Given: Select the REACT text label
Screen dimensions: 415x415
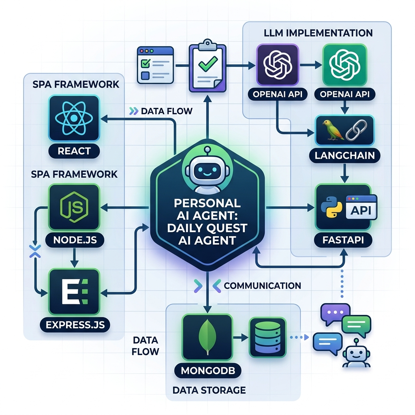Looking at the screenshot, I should [x=74, y=151].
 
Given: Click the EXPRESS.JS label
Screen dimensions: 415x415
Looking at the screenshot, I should [x=75, y=325].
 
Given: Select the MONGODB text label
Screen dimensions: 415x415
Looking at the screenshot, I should [x=207, y=370].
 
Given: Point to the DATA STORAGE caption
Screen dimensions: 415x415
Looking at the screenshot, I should [x=209, y=390].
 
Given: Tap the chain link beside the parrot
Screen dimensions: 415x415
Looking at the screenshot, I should [x=355, y=130].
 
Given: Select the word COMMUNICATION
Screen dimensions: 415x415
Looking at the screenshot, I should [x=262, y=285].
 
